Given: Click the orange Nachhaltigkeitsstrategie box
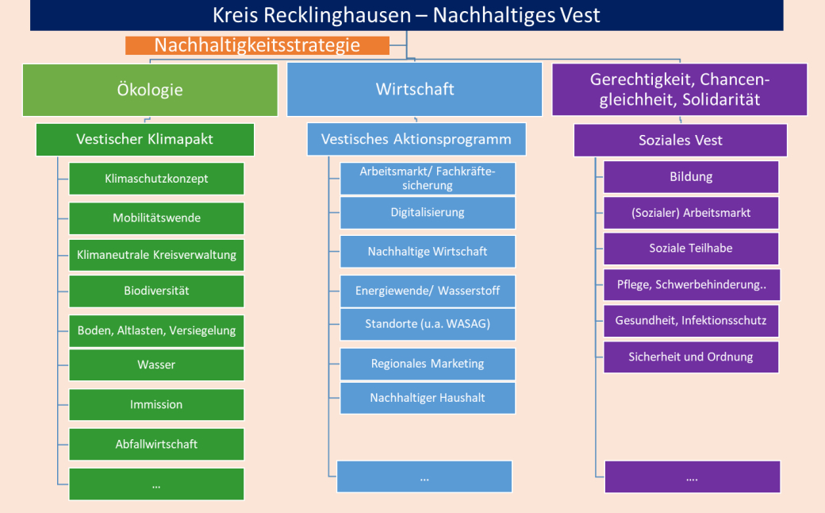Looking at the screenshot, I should point(257,45).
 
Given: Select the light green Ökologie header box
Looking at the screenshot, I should point(150,90).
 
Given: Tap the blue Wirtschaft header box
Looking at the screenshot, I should point(415,90).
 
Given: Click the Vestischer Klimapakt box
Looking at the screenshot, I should point(145,140).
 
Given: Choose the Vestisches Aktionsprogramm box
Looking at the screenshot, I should point(416,140).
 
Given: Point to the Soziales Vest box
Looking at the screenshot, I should point(680,141).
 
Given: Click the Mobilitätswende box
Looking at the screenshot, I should point(156,218).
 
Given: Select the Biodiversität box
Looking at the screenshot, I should point(156,291).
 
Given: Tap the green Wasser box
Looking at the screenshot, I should point(156,365).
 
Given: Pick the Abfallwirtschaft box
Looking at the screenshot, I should point(156,444).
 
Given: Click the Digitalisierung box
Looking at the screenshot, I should point(428,213).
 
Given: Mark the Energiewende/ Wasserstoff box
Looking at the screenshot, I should point(428,291).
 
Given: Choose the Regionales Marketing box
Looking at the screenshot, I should point(428,364).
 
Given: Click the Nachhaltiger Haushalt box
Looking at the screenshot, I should point(428,398).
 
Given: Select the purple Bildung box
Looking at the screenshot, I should point(691,177).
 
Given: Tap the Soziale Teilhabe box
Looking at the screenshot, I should point(691,249).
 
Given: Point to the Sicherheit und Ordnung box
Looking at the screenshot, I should point(691,357).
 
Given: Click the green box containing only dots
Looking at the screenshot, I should point(156,484).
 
